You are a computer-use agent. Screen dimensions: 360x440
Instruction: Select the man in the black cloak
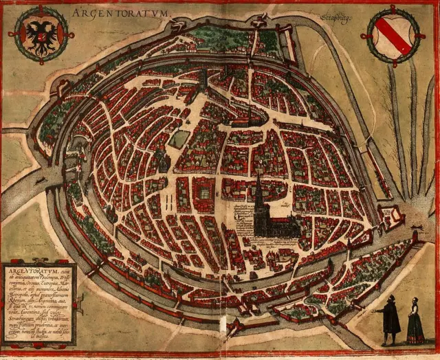390,320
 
